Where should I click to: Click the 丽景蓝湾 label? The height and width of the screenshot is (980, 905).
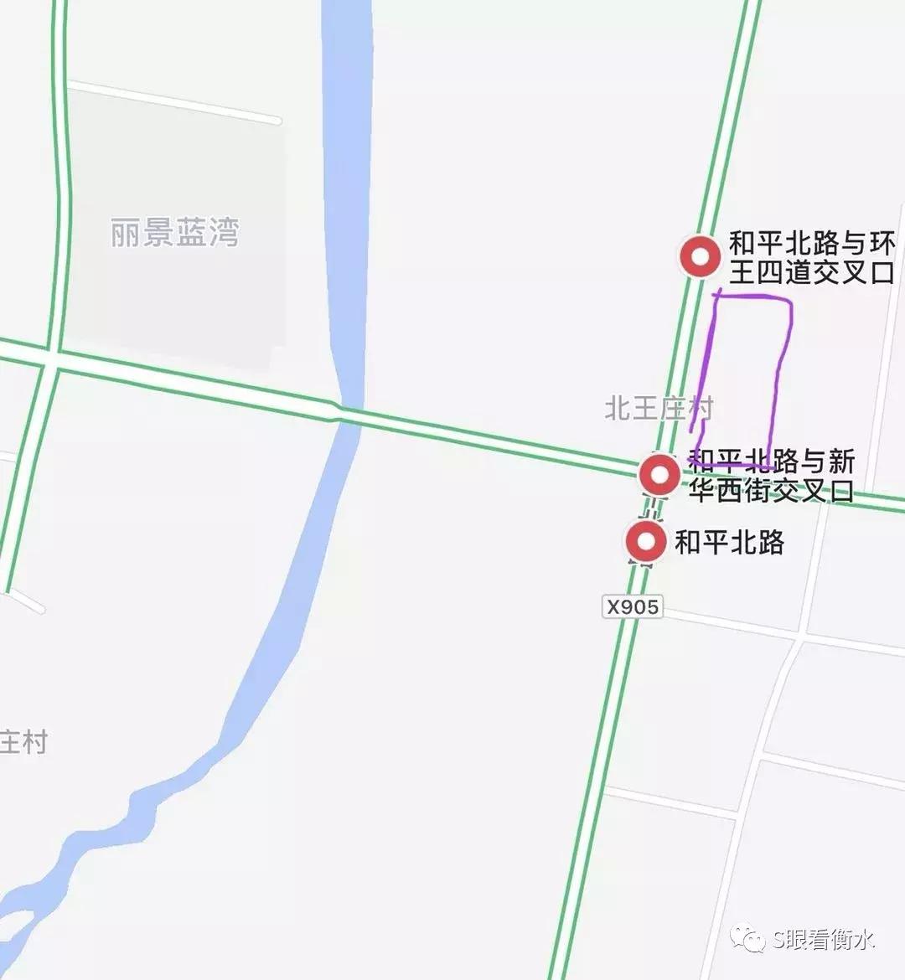point(174,232)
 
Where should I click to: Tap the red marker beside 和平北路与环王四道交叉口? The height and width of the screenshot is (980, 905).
point(700,256)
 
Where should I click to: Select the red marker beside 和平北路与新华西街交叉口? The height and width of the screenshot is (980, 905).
point(660,475)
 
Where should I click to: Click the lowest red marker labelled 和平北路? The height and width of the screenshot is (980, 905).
point(645,542)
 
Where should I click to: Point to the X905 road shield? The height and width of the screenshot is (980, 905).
point(633,606)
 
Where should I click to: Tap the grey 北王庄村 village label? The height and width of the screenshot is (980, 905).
point(659,409)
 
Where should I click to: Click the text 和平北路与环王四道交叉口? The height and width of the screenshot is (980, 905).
point(811,258)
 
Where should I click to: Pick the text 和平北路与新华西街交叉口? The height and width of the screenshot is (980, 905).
point(771,475)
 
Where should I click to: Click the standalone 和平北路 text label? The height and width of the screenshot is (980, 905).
point(730,542)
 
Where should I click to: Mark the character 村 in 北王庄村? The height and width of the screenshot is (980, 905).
point(701,409)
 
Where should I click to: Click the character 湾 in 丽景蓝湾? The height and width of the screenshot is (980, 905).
point(224,232)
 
